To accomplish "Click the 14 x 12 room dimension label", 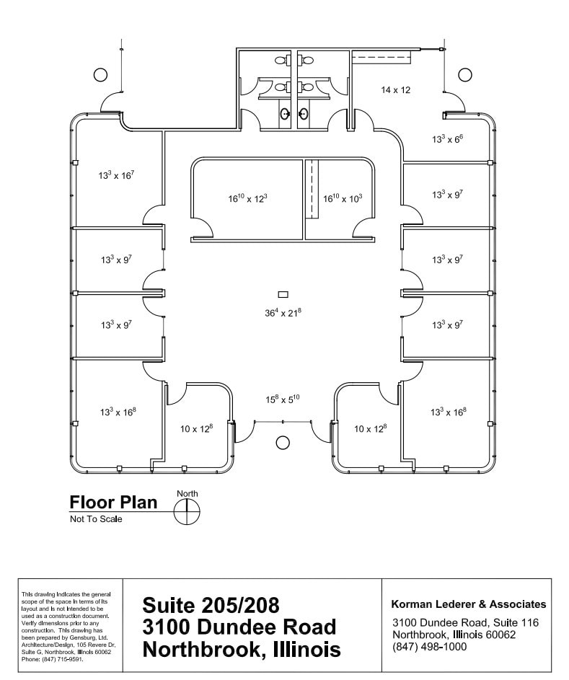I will [395, 90].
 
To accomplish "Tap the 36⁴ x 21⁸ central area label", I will [282, 312].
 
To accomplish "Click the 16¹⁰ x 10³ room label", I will [342, 198].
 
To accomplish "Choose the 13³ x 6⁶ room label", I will [446, 138].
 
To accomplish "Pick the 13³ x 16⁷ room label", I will [116, 175].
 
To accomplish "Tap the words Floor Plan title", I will [113, 503].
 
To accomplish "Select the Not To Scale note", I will [96, 519].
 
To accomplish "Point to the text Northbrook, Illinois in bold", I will [242, 649].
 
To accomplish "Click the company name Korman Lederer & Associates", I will [468, 604].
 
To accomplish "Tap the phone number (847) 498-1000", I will [430, 646].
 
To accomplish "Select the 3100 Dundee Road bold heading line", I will [239, 626].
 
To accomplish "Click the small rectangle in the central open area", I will [283, 294].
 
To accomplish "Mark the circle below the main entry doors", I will [283, 442].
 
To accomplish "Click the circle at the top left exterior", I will [100, 74].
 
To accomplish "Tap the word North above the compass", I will [187, 494].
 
